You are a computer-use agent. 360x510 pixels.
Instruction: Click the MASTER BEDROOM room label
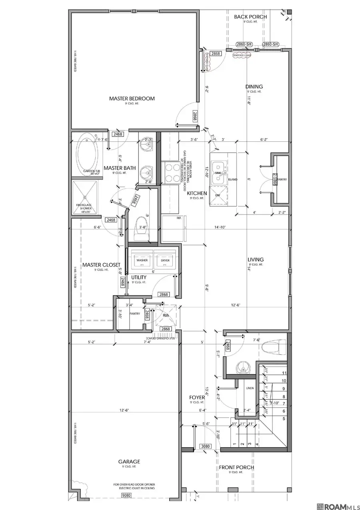132,98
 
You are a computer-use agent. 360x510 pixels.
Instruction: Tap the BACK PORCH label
250,17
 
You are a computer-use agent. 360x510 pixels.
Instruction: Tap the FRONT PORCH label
236,468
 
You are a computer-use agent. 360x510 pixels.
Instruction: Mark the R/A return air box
166,315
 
